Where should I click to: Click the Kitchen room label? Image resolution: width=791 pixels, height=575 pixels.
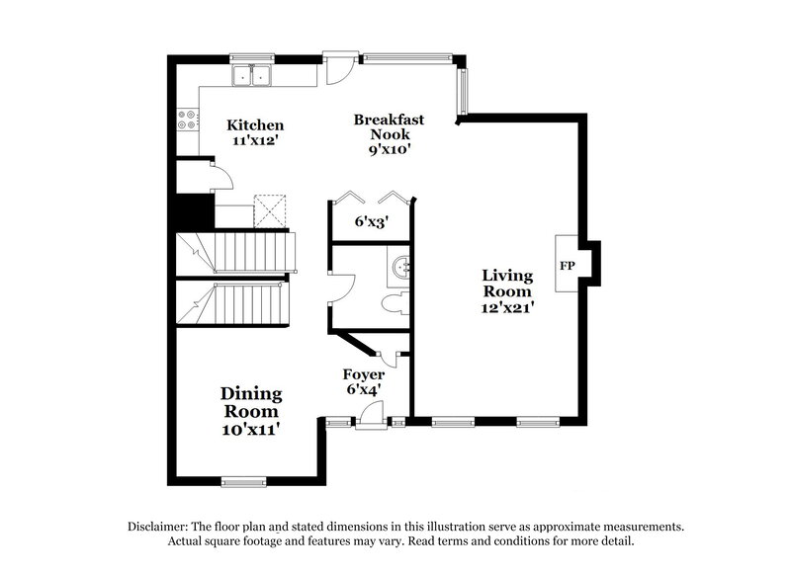(256, 125)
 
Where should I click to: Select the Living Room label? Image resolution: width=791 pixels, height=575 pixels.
(507, 284)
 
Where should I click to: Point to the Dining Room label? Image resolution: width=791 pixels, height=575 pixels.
(250, 402)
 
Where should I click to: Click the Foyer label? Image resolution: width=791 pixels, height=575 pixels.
(363, 374)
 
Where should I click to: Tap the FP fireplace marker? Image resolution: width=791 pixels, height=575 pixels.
(568, 266)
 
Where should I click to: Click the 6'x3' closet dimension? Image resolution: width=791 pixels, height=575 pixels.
(372, 222)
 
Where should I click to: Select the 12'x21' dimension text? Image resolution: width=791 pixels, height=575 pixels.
(507, 308)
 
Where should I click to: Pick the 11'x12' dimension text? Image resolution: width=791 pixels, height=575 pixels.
(256, 141)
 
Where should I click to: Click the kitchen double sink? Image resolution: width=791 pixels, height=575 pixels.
(253, 76)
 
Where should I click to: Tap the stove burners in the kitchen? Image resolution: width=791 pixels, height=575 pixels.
(185, 120)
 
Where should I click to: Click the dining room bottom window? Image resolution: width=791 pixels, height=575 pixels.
(243, 482)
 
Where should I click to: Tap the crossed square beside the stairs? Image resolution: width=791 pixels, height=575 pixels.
(269, 209)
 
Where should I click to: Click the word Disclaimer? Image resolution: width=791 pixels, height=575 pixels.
(161, 527)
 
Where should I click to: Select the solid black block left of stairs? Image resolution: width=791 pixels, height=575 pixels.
(195, 211)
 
